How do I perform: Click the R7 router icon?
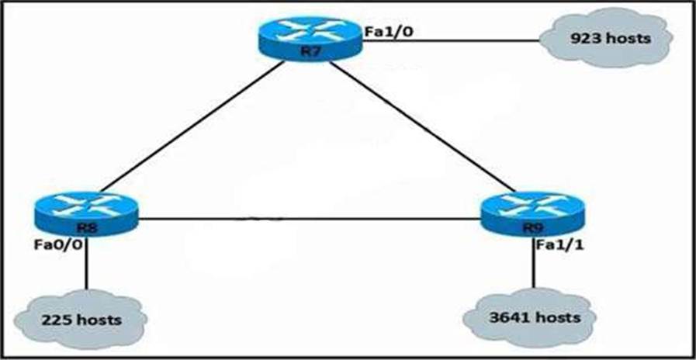pos(310,39)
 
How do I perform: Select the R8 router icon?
pos(86,214)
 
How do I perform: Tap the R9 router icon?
pos(533,214)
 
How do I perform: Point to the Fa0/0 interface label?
pos(57,245)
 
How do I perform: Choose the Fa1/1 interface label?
pos(559,245)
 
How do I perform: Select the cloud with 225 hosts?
pos(81,319)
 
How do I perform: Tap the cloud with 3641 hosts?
pos(534,317)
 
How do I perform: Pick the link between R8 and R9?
pos(310,219)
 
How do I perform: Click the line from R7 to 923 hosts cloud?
pos(451,40)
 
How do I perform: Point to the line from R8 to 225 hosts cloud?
pos(86,264)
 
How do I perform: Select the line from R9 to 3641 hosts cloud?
pos(534,263)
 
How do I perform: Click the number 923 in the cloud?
pos(586,39)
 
